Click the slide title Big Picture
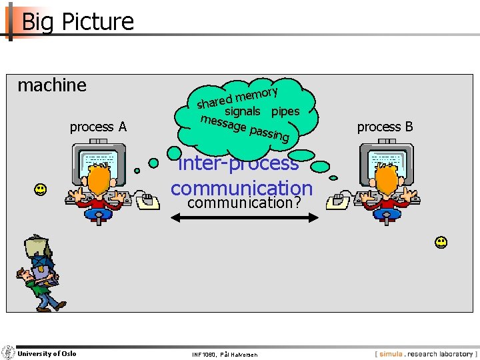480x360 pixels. pyautogui.click(x=77, y=21)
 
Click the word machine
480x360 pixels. pyautogui.click(x=52, y=85)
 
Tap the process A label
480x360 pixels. pyautogui.click(x=98, y=127)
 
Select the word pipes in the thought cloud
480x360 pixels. pyautogui.click(x=285, y=111)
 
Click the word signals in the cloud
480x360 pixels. pyautogui.click(x=242, y=111)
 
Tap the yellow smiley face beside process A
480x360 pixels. pyautogui.click(x=41, y=190)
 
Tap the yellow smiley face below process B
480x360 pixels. pyautogui.click(x=441, y=242)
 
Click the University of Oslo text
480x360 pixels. pyautogui.click(x=47, y=353)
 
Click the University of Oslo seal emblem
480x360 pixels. pyautogui.click(x=8, y=353)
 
